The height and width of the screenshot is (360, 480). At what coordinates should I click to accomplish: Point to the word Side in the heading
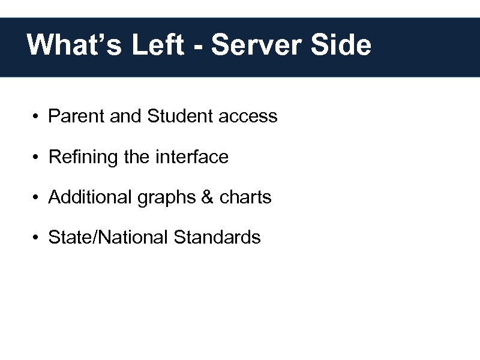point(345,45)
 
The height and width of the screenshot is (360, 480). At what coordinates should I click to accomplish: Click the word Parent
point(77,116)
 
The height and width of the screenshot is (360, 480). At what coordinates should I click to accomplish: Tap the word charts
point(246,197)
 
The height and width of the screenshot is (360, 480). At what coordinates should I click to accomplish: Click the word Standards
point(217,237)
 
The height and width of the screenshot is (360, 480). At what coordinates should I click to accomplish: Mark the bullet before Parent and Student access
point(37,116)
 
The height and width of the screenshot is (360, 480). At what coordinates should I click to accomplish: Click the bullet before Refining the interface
point(37,157)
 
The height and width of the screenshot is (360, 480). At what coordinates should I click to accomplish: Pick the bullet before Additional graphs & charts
point(37,197)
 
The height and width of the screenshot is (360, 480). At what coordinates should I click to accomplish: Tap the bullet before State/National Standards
point(37,238)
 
